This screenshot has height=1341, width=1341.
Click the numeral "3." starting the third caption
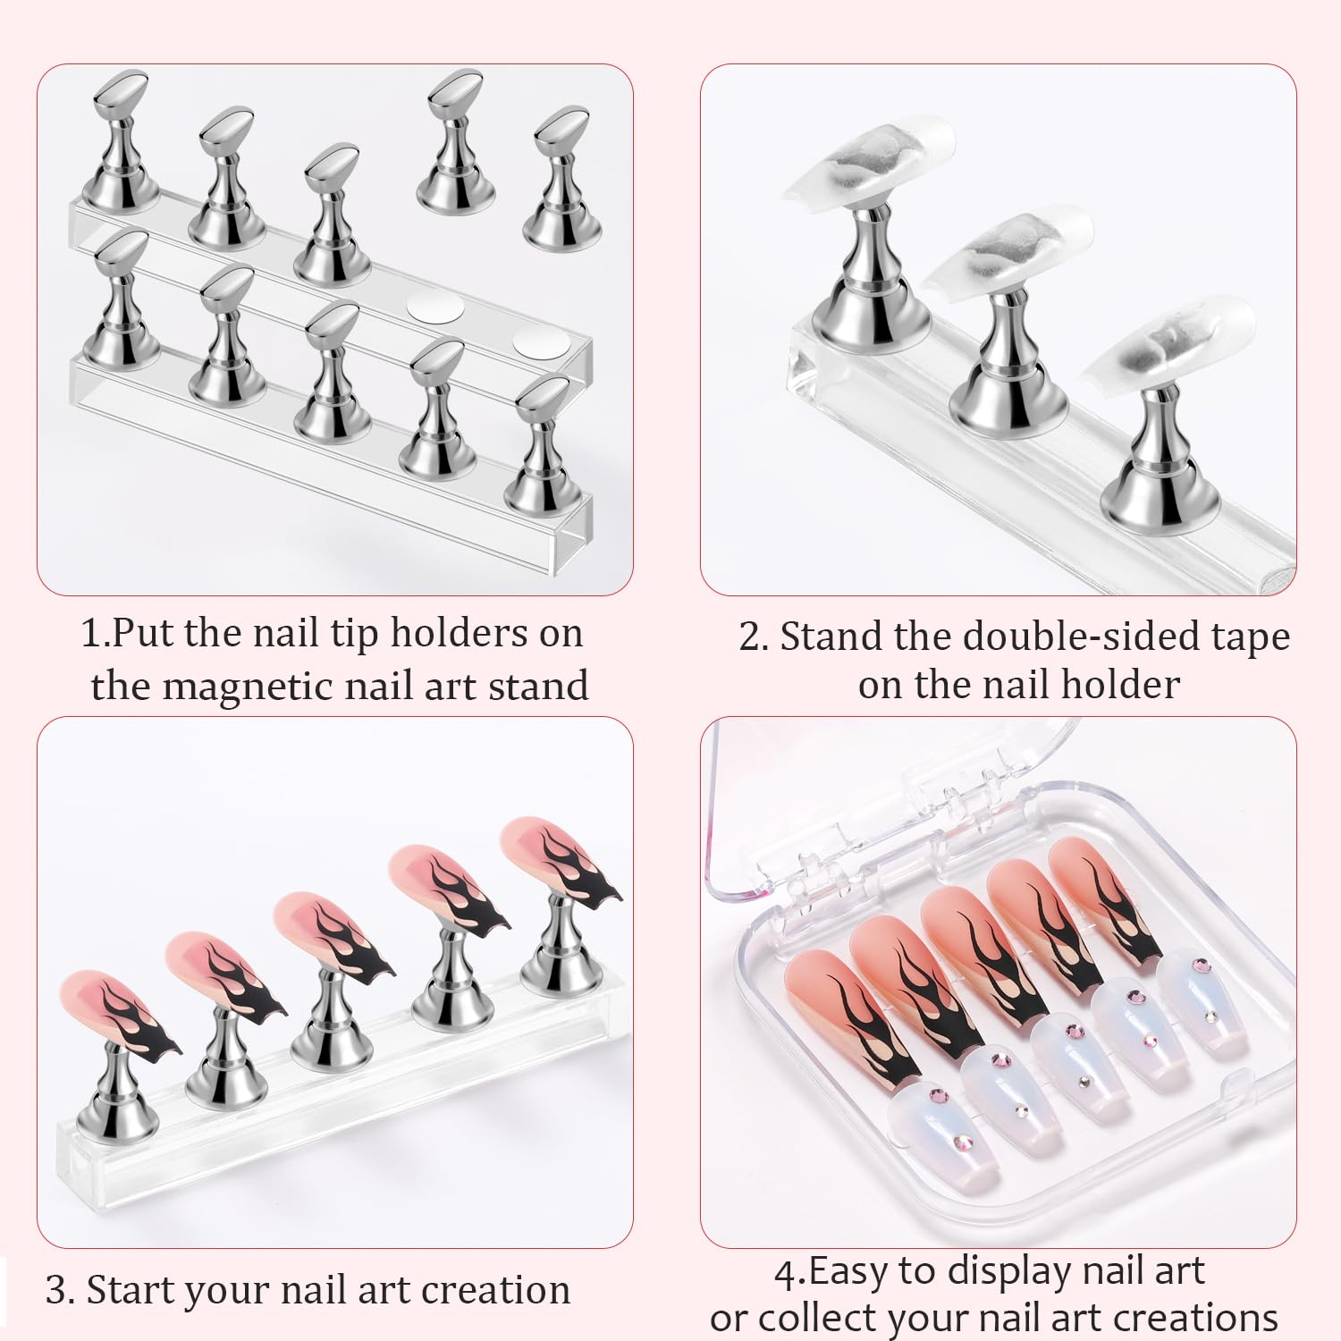coord(60,1291)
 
